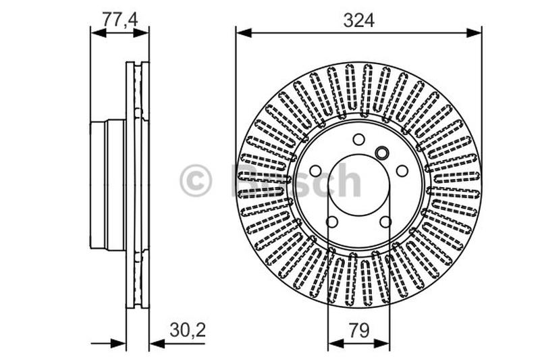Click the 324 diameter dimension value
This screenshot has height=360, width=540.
click(358, 20)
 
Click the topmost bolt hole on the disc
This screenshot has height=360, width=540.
click(358, 139)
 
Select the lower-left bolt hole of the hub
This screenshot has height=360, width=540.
click(332, 222)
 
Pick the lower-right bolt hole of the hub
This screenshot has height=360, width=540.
click(385, 222)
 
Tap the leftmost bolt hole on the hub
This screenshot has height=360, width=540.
click(315, 171)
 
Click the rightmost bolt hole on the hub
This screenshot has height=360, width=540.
click(402, 171)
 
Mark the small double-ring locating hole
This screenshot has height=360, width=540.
click(381, 153)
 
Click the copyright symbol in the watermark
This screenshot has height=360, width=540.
click(196, 181)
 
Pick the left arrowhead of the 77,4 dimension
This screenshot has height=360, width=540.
click(96, 32)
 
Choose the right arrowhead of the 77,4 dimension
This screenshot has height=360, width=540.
click(144, 32)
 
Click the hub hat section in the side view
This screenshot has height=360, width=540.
click(108, 184)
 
